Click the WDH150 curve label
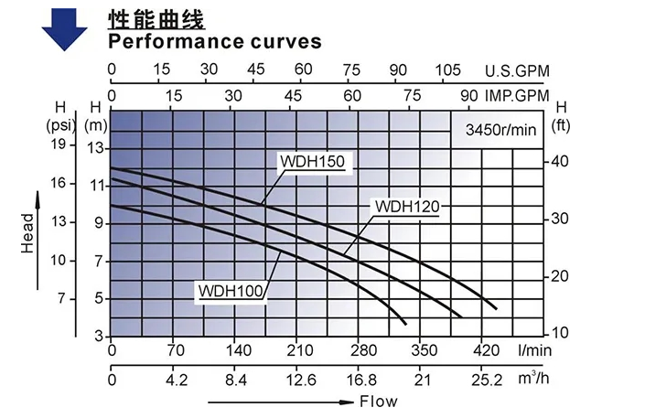point(312,162)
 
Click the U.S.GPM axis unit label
point(516,70)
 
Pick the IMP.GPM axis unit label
point(515,95)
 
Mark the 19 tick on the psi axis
point(59,145)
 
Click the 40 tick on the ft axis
point(562,161)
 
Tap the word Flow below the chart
point(379,402)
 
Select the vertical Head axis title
point(27,233)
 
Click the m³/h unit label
point(533,379)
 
